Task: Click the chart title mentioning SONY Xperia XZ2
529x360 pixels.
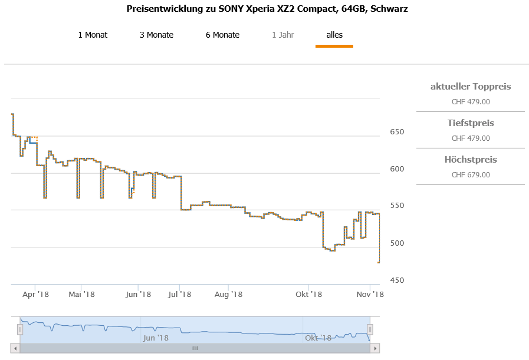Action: click(x=267, y=9)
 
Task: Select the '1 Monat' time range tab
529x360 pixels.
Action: click(x=93, y=35)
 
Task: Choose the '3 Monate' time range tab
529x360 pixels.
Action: click(x=156, y=35)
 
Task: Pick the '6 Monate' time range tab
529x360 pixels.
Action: click(x=222, y=35)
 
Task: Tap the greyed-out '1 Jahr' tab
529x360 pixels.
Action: click(x=283, y=35)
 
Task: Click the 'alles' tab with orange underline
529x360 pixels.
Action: click(x=334, y=35)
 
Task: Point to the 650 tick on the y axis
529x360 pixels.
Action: click(x=397, y=131)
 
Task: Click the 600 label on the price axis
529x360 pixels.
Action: click(x=397, y=169)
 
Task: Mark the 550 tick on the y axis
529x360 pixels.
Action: click(x=397, y=206)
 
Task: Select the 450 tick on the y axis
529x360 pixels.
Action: click(x=397, y=280)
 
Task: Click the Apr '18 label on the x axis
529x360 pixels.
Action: click(x=35, y=294)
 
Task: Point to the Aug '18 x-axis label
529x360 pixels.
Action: click(x=228, y=294)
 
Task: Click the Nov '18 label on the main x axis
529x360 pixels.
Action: click(x=370, y=294)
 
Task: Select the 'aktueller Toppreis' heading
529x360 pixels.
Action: click(x=471, y=87)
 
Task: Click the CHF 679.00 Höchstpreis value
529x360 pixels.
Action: click(x=471, y=175)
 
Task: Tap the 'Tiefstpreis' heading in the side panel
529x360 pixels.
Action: click(x=471, y=123)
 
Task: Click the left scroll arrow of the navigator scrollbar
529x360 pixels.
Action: click(x=15, y=348)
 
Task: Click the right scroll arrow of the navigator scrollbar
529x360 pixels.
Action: click(x=374, y=348)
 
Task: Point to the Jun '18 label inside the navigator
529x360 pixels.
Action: click(x=156, y=338)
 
